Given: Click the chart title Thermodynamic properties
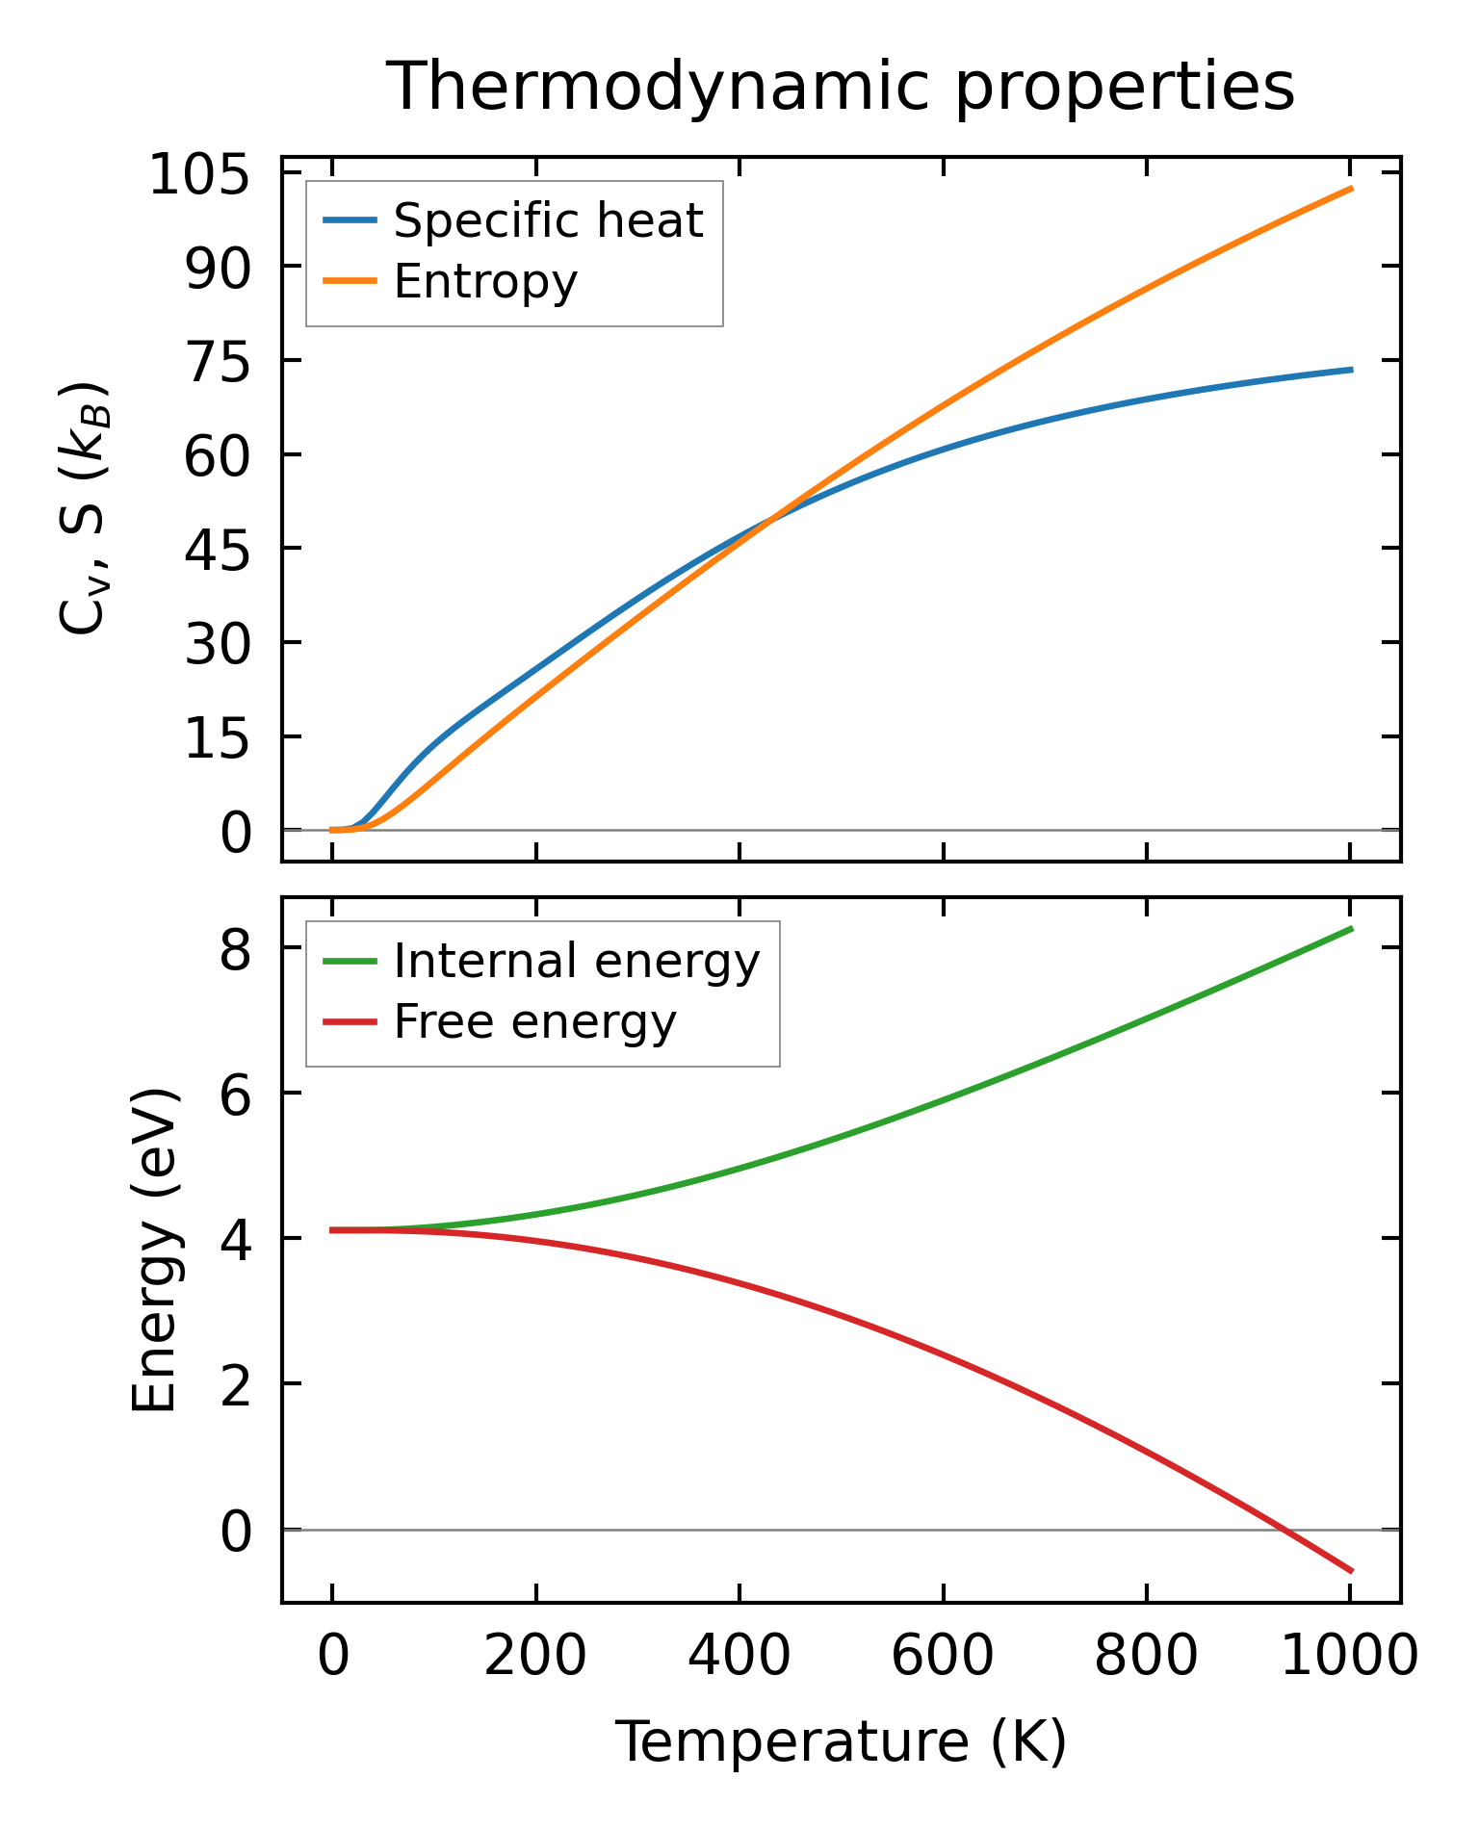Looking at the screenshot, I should pyautogui.click(x=840, y=87).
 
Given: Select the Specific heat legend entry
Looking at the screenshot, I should pyautogui.click(x=548, y=221).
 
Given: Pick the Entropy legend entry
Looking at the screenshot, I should pyautogui.click(x=485, y=282).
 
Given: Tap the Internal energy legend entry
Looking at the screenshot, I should pyautogui.click(x=576, y=962).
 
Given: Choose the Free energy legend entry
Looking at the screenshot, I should pyautogui.click(x=534, y=1022).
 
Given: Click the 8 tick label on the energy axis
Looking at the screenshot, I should pyautogui.click(x=236, y=953).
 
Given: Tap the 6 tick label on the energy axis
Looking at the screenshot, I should pyautogui.click(x=236, y=1098).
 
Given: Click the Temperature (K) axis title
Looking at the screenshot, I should pyautogui.click(x=841, y=1743).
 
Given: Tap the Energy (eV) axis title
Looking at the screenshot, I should pyautogui.click(x=154, y=1250).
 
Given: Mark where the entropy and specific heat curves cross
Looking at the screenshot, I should pyautogui.click(x=770, y=521).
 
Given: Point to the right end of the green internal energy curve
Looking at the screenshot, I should pyautogui.click(x=1352, y=928).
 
